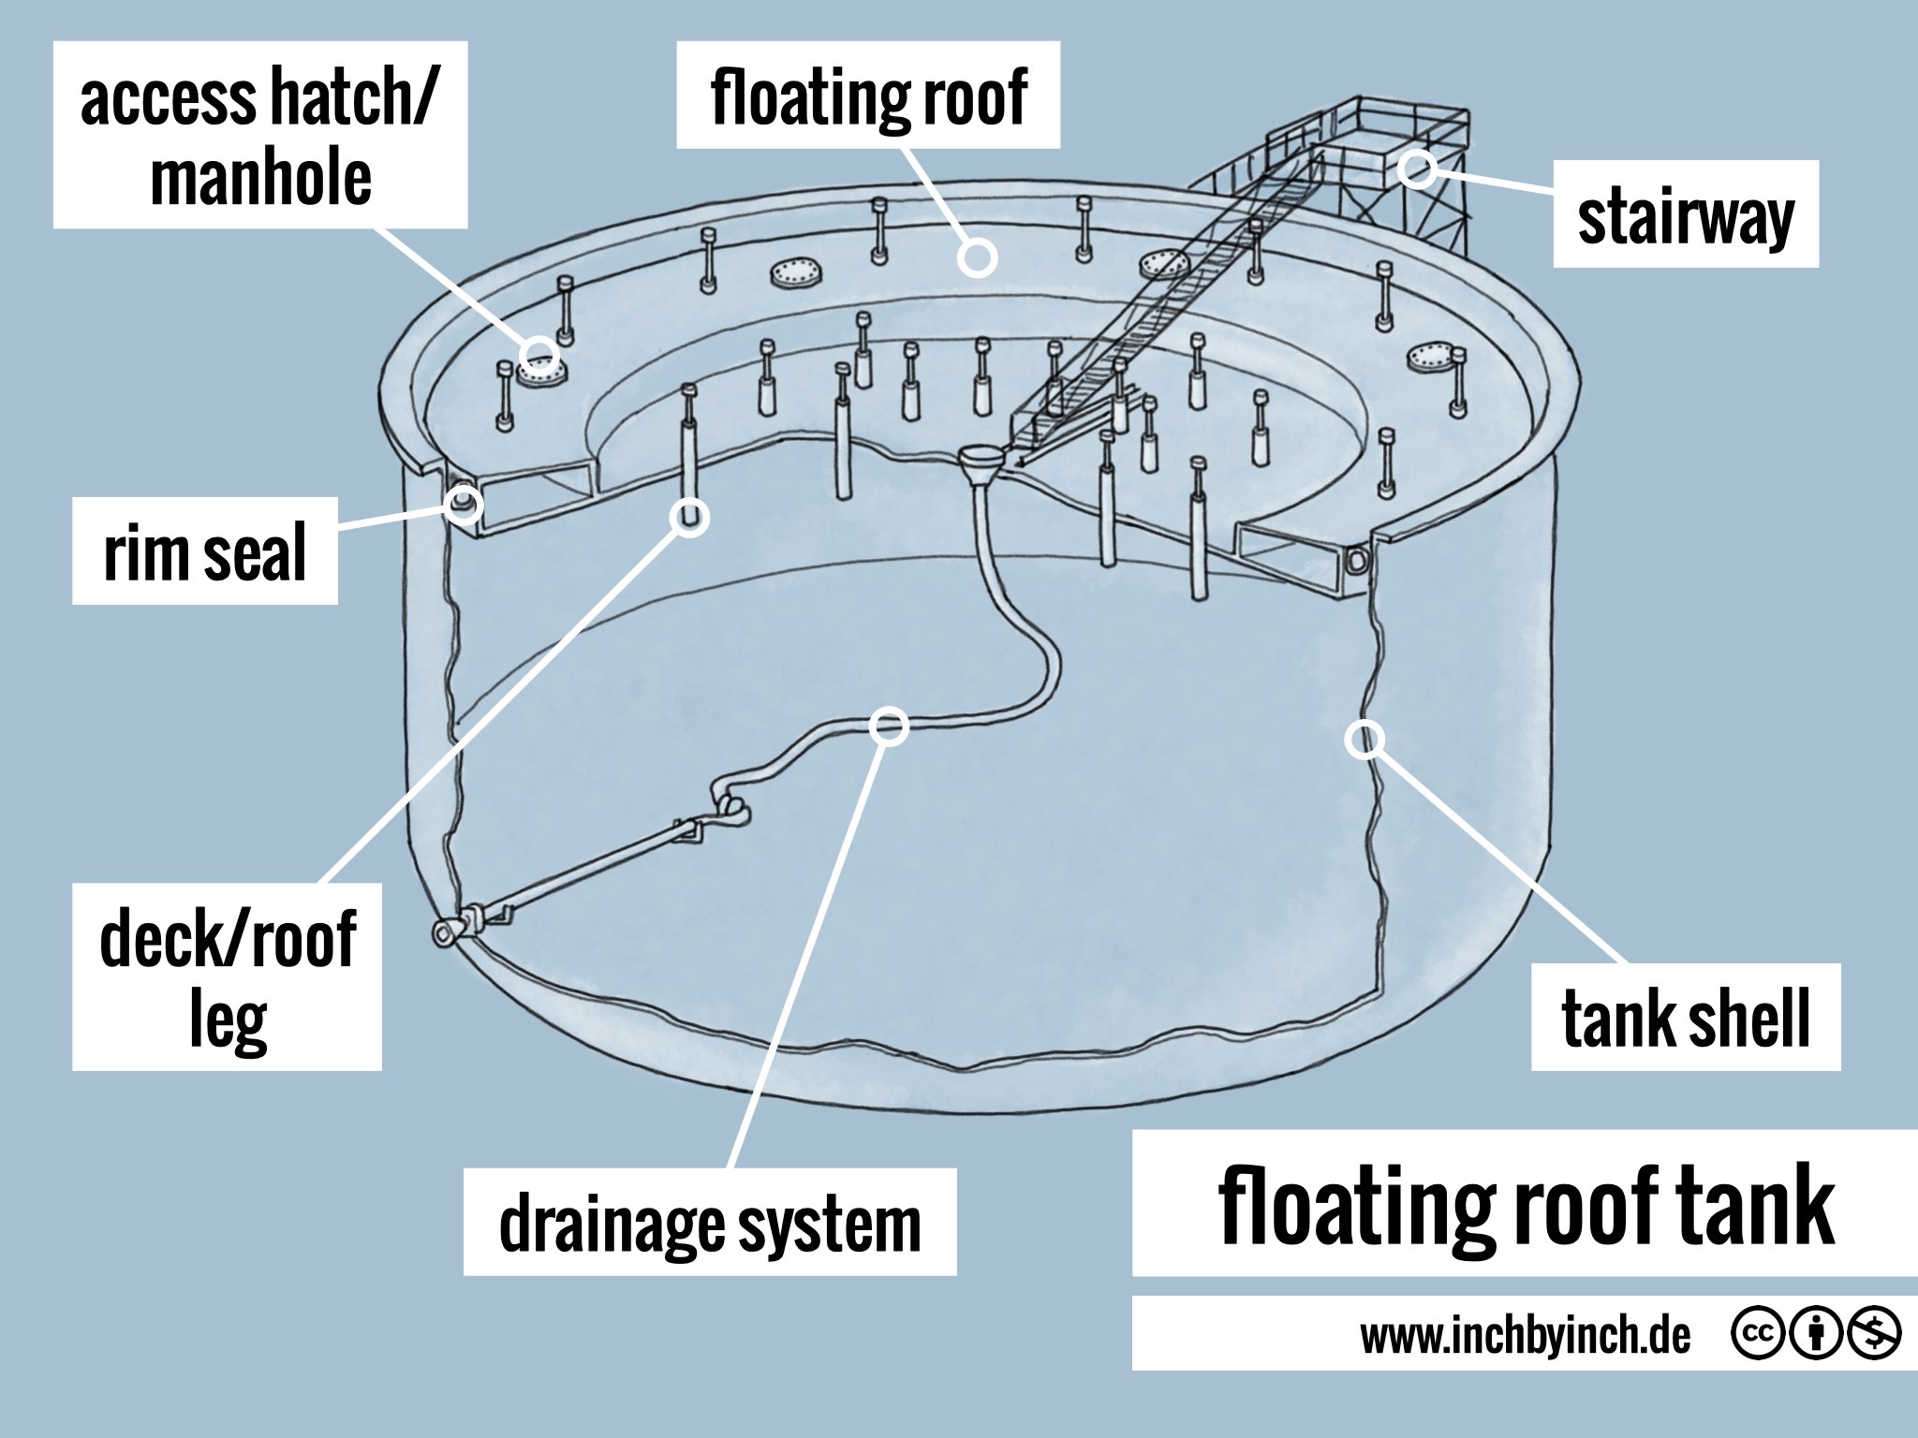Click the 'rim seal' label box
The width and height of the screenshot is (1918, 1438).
[x=204, y=551]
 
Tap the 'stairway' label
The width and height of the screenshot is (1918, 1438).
[x=1685, y=214]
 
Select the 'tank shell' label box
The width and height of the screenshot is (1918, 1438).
[x=1685, y=1017]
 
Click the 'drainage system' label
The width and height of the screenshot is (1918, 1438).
[x=710, y=1222]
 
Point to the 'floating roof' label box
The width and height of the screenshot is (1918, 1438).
[x=868, y=95]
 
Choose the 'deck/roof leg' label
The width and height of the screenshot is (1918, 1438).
[x=227, y=976]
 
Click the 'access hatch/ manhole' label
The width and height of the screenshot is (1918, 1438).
[x=259, y=135]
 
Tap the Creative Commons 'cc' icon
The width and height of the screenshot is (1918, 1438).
[x=1758, y=1335]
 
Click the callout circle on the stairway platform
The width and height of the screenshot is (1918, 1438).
[x=1418, y=169]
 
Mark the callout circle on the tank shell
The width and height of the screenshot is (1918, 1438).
[x=1365, y=740]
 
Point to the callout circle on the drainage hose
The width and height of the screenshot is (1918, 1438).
[x=889, y=726]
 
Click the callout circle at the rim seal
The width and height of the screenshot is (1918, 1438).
[x=463, y=506]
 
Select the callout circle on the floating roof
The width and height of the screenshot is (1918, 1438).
[x=977, y=257]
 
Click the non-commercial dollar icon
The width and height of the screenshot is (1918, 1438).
[x=1873, y=1335]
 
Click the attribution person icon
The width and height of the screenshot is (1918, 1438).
[x=1815, y=1335]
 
